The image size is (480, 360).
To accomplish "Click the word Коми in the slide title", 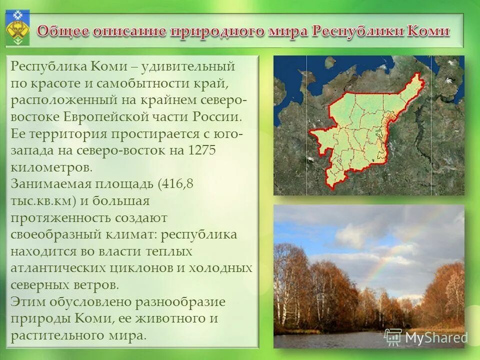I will coord(428,31).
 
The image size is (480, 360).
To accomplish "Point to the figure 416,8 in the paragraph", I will coord(175,184).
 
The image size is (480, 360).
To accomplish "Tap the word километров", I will coord(51,167).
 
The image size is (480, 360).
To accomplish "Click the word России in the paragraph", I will coord(218,117).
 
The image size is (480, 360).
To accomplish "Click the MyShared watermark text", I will coord(435,337).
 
